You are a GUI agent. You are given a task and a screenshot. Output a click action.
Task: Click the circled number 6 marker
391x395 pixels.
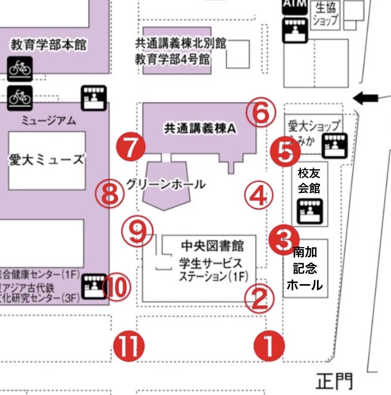261,113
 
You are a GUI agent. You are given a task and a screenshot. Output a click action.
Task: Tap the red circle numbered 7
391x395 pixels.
130,147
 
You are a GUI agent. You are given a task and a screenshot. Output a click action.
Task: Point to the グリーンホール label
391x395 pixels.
166,184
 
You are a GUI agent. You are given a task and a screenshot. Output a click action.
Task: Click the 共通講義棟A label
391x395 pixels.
200,129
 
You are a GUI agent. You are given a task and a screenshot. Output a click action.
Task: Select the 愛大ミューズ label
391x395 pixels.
46,160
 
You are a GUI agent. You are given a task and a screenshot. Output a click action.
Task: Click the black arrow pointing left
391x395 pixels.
366,98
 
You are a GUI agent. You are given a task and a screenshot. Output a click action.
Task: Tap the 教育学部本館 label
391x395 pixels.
49,46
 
